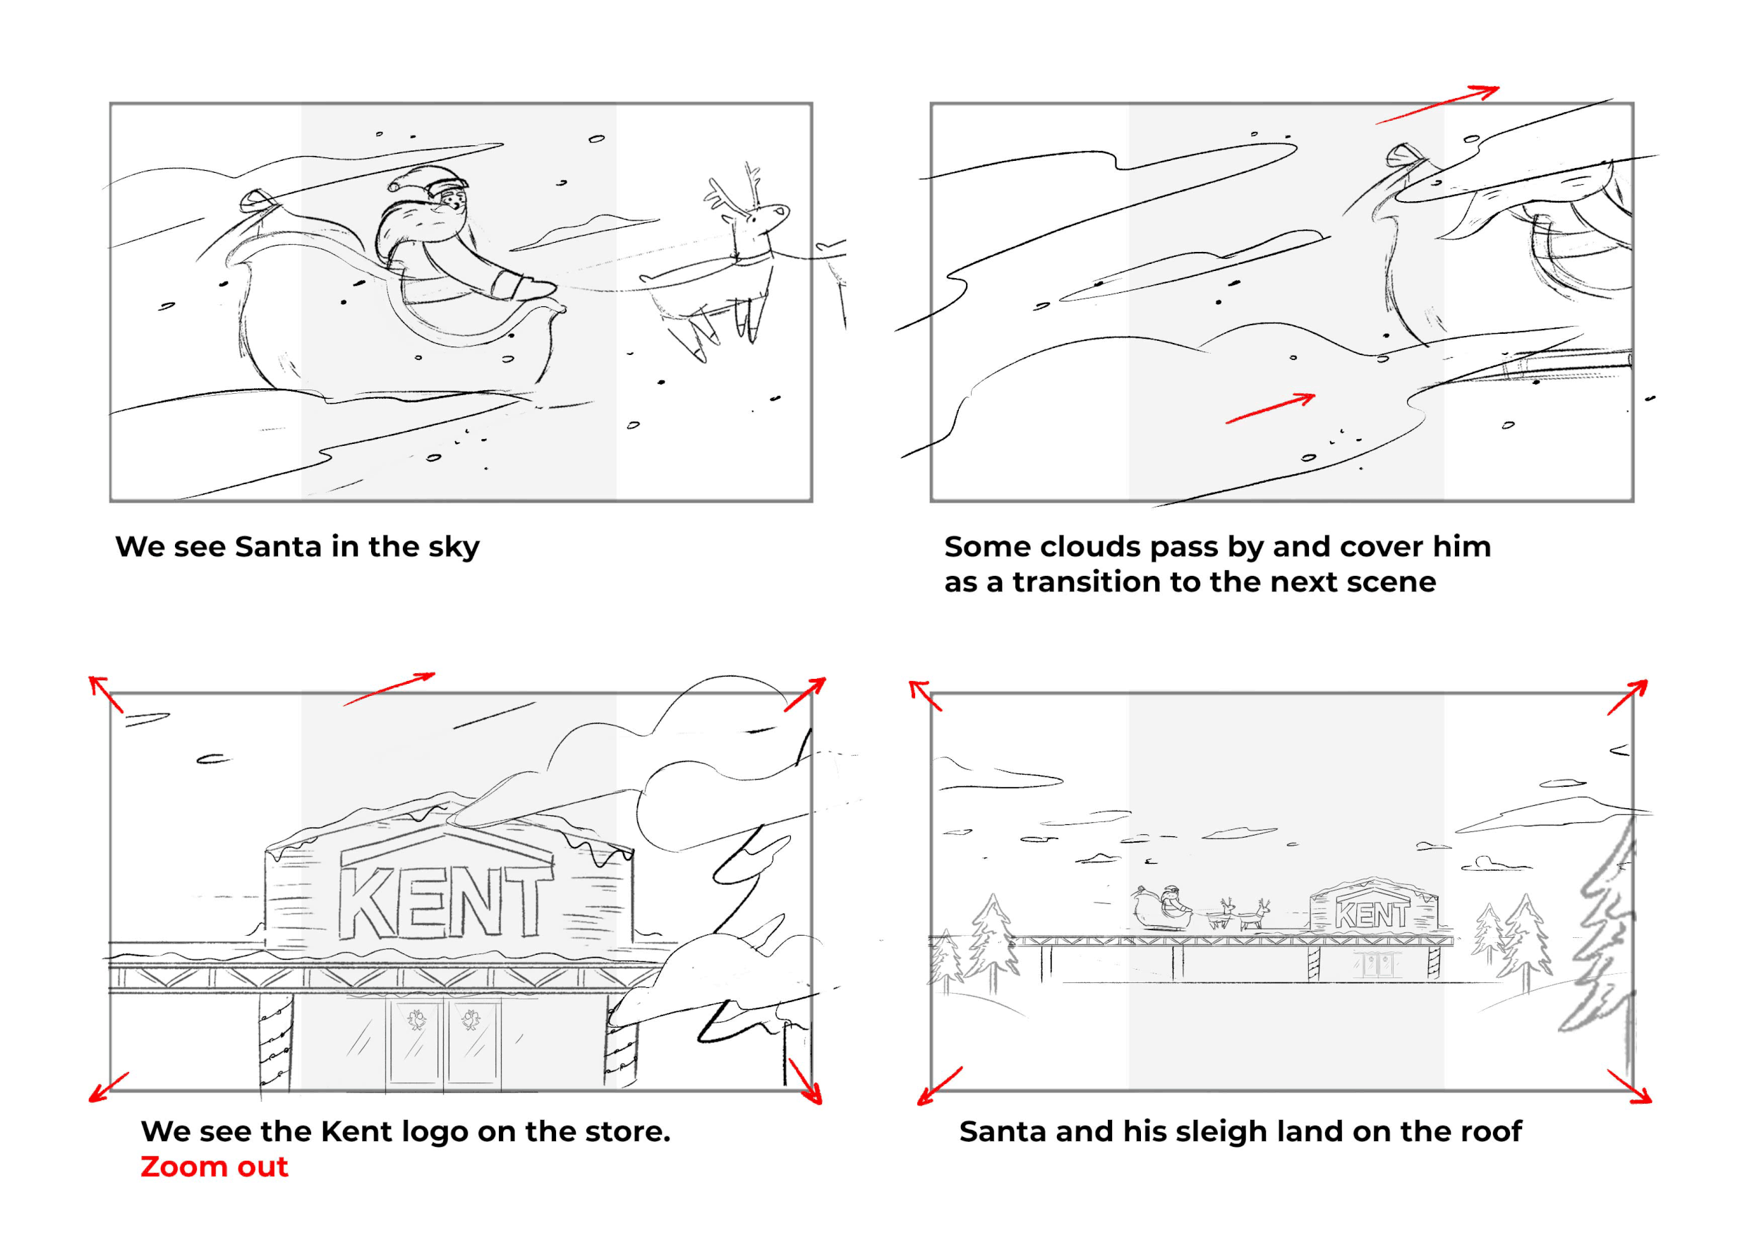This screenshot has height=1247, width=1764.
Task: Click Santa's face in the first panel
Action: [x=452, y=204]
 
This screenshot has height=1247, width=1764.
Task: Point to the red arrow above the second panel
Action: [x=1437, y=105]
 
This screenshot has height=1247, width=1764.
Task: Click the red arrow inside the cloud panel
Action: [x=1270, y=408]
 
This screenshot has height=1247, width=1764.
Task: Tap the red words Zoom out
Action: [x=214, y=1167]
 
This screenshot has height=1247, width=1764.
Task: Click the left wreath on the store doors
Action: [x=417, y=1020]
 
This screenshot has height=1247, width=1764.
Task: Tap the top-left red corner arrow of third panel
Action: [x=105, y=693]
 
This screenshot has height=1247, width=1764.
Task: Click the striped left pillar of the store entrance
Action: [x=274, y=1041]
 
